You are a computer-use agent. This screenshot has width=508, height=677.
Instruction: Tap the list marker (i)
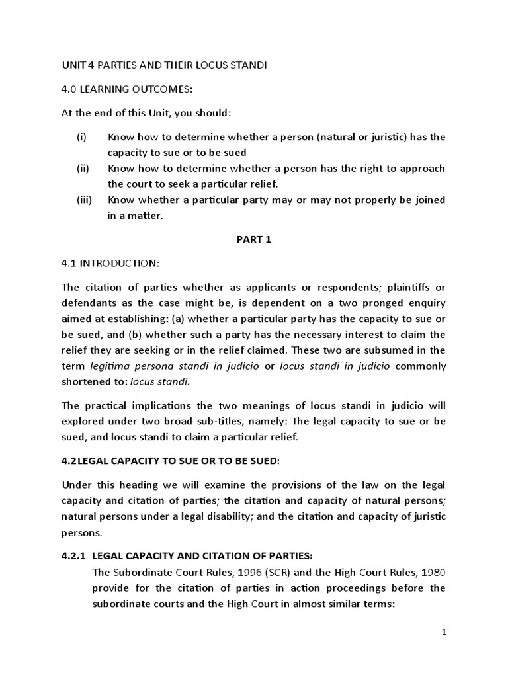click(x=81, y=137)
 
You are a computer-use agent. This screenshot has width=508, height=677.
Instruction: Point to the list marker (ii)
click(x=83, y=168)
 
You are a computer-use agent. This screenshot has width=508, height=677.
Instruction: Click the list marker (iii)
click(x=84, y=199)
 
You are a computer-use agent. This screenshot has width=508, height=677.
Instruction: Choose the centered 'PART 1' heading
click(x=254, y=240)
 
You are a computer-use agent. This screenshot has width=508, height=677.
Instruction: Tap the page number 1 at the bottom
click(x=444, y=633)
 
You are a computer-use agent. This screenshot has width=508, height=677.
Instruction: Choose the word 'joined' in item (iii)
click(x=429, y=199)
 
